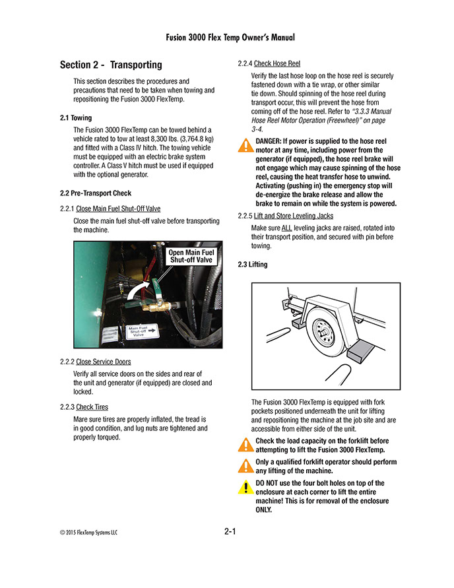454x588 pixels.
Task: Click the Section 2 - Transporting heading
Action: [110, 65]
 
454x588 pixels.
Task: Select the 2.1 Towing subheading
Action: [77, 117]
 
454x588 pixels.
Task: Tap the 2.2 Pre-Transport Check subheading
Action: [96, 193]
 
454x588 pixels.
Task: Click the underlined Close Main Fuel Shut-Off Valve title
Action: [118, 209]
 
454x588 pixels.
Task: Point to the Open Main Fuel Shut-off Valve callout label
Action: [191, 256]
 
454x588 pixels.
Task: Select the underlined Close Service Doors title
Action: [103, 362]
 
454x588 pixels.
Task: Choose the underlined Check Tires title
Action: [92, 407]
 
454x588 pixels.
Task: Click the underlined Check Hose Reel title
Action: [277, 64]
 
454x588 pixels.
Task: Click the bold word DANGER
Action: [269, 141]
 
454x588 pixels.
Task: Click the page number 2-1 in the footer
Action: [230, 532]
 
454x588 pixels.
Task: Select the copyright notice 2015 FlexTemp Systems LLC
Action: [90, 533]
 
